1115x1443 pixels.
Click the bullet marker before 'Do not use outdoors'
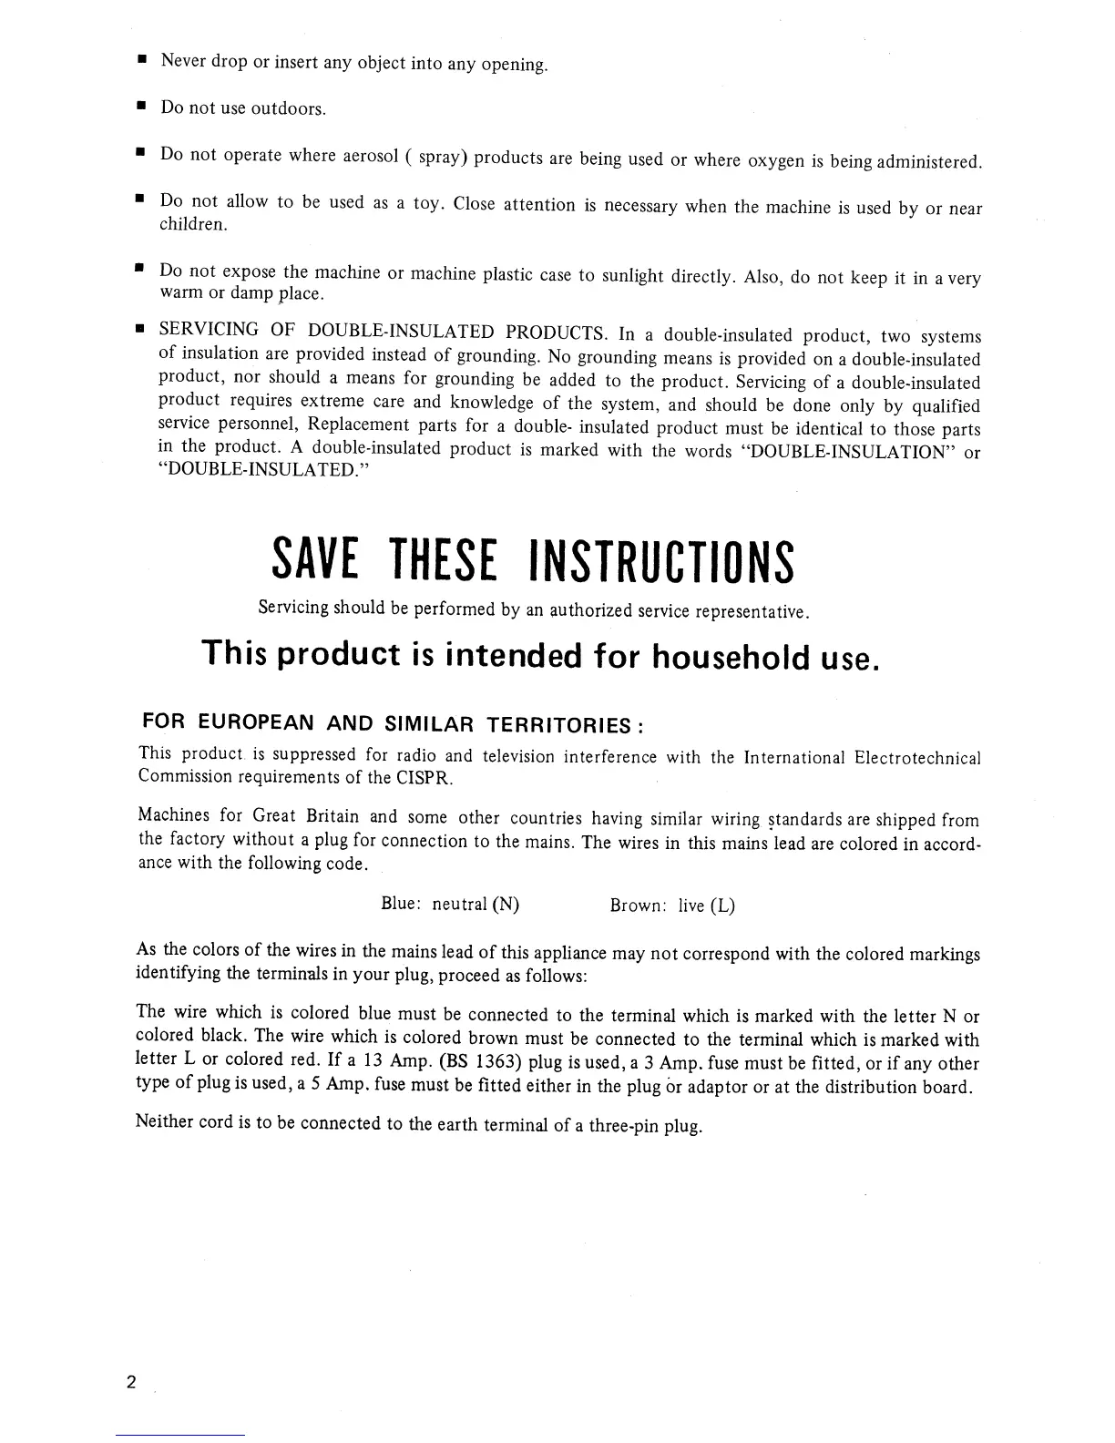tap(141, 107)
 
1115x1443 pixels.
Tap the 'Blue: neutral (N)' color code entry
tap(450, 905)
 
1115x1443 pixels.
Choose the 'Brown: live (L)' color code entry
tap(672, 906)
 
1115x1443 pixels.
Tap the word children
tap(193, 225)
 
